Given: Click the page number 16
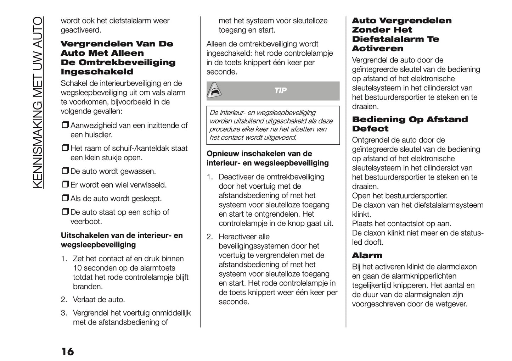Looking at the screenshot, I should tap(67, 351).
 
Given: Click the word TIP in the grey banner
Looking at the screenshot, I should tap(280, 91).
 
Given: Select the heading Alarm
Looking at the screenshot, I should tap(367, 255).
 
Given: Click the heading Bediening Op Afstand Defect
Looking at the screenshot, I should tap(410, 124).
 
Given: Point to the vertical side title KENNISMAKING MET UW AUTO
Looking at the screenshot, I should tap(37, 103).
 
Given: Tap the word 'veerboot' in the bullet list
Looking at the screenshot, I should tap(86, 222).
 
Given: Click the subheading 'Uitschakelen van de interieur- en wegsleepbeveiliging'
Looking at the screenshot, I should tap(122, 240).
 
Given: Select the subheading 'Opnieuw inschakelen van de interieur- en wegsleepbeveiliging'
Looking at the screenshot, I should tap(267, 158).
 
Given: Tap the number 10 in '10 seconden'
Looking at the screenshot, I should tap(77, 268).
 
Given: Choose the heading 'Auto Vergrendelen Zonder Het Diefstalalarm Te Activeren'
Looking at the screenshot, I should tap(401, 34).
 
